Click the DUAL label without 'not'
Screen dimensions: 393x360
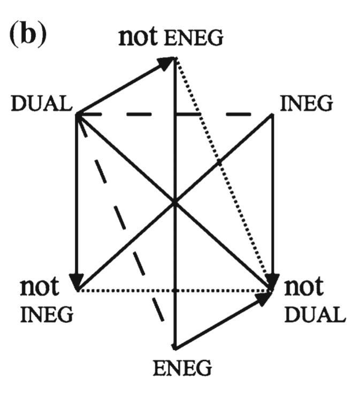(41, 103)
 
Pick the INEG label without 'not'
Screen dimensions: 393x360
(306, 103)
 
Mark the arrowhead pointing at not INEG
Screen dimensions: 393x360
(78, 281)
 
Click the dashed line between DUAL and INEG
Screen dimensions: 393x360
(214, 114)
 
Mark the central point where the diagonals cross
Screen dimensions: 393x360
(175, 202)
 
